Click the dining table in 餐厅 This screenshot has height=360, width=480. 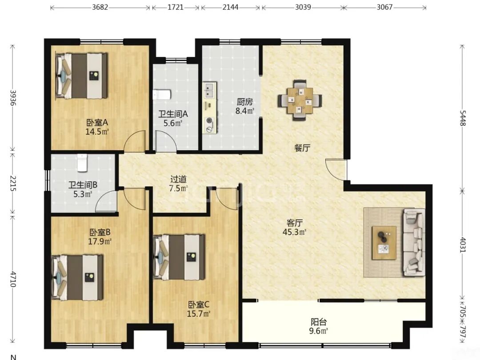tap(300, 100)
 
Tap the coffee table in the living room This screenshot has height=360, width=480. tap(384, 243)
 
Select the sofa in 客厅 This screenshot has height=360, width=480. tap(414, 242)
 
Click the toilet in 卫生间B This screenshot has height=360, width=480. tap(82, 163)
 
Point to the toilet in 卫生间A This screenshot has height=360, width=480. tap(161, 95)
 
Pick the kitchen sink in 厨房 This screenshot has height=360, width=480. tap(209, 90)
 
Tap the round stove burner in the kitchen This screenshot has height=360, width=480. tap(210, 120)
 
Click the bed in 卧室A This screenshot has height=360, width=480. tap(81, 76)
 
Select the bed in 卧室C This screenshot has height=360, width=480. tap(179, 257)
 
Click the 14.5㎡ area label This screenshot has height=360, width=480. tap(97, 132)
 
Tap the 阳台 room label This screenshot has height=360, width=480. tap(319, 322)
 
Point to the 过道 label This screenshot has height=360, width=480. tap(179, 179)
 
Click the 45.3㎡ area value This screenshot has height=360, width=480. tap(294, 232)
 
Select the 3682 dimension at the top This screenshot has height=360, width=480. tap(100, 7)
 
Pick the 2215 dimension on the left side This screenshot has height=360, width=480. tap(12, 184)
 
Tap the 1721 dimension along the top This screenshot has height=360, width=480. tap(176, 7)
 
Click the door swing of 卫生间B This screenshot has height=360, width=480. tap(106, 200)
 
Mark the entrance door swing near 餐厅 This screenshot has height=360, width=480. tap(336, 169)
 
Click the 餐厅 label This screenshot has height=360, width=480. tap(302, 148)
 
